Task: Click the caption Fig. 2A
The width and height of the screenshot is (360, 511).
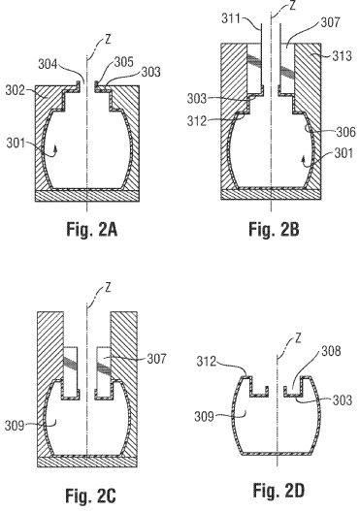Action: pyautogui.click(x=92, y=229)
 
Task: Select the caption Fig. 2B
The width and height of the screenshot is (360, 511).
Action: pyautogui.click(x=274, y=229)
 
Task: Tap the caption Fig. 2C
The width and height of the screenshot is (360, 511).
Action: pyautogui.click(x=90, y=495)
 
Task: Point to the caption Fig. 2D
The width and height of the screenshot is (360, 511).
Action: pyautogui.click(x=278, y=491)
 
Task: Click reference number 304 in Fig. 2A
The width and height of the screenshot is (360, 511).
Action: pyautogui.click(x=48, y=64)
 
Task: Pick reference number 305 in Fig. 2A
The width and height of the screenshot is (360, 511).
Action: pyautogui.click(x=124, y=62)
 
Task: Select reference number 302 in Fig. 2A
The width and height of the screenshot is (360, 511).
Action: pyautogui.click(x=15, y=90)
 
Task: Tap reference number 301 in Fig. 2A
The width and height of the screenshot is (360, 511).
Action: pyautogui.click(x=16, y=143)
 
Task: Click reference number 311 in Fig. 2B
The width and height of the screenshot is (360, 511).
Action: pyautogui.click(x=231, y=18)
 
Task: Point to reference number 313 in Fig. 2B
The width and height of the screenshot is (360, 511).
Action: pyautogui.click(x=343, y=56)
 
